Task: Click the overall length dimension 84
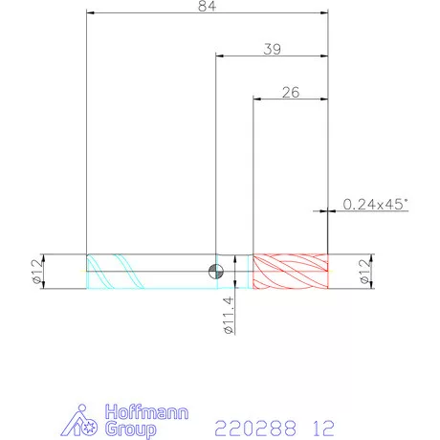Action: tap(207, 7)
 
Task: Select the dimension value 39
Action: tap(273, 50)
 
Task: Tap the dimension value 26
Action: tap(291, 93)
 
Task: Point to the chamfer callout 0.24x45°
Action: tap(375, 204)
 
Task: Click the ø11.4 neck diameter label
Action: tap(230, 316)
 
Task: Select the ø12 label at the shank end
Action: tap(37, 272)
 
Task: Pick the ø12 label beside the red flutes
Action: tap(365, 272)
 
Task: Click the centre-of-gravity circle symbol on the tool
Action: tap(216, 272)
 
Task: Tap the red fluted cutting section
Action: tap(290, 272)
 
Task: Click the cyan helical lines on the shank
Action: tap(116, 272)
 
